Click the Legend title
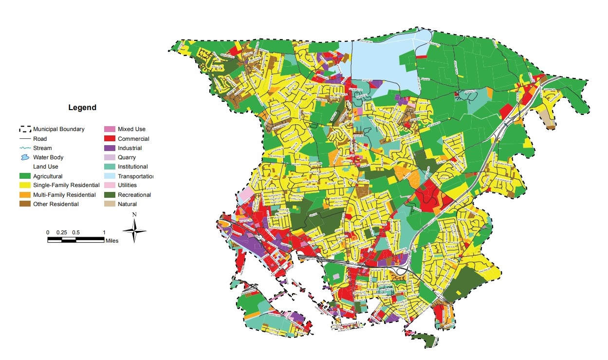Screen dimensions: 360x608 pos(82,108)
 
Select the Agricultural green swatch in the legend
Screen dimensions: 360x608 pos(24,176)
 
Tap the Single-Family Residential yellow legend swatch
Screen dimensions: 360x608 pos(24,186)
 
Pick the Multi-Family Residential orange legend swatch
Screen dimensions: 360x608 pos(24,195)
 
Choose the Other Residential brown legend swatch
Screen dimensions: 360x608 pos(24,204)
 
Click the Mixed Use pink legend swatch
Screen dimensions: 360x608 pos(109,130)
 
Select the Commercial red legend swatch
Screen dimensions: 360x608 pos(109,139)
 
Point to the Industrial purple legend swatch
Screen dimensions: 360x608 pos(109,148)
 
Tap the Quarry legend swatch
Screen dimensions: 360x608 pos(109,157)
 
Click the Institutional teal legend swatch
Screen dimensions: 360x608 pos(109,167)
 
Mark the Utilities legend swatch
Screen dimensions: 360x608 pos(109,186)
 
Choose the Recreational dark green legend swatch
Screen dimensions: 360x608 pos(109,195)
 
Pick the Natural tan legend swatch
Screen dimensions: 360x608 pos(109,204)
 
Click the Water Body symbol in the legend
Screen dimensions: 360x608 pos(24,157)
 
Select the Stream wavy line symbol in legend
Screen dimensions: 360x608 pos(24,148)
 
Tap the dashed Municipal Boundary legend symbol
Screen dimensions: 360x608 pos(24,130)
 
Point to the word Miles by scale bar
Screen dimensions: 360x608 pos(111,241)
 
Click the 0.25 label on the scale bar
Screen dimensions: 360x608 pos(61,232)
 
